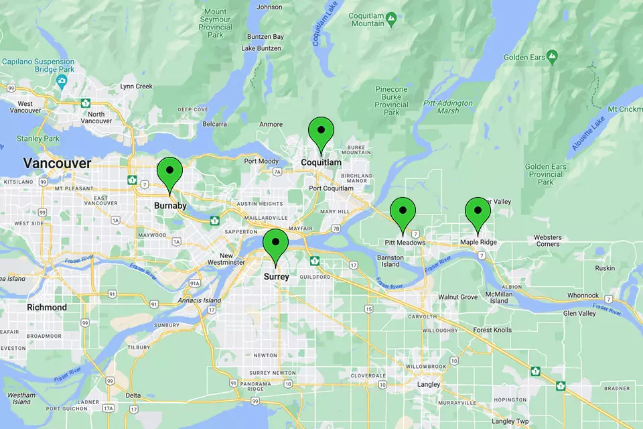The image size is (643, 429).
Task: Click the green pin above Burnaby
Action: point(169,172)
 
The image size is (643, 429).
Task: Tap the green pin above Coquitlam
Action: point(321,131)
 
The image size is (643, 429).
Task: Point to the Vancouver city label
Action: point(57,163)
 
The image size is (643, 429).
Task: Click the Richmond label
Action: point(47,307)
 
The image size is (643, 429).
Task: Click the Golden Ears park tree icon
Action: point(552,55)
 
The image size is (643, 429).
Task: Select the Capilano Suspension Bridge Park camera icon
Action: point(62,81)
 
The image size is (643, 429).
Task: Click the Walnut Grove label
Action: point(457,296)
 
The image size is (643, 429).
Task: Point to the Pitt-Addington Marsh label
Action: point(448,107)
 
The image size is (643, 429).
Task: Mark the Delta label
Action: point(133,395)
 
